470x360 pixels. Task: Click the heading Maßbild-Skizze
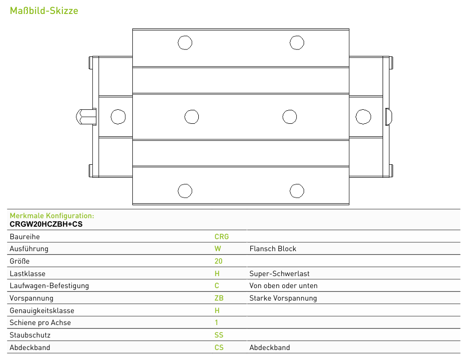coord(44,11)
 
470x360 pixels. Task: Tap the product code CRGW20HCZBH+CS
coord(46,224)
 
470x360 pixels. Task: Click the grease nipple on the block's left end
coord(86,117)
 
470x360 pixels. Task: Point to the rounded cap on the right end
coord(389,117)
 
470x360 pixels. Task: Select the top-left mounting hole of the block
coord(185,42)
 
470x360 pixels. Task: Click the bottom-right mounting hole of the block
coord(297,191)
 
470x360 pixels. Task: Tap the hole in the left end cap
coord(118,117)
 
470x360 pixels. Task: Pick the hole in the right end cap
coord(363,117)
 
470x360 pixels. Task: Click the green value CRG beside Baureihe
coord(221,237)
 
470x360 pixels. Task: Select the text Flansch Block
coord(273,249)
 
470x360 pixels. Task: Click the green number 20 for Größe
coord(218,261)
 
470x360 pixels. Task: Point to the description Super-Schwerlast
coord(279,274)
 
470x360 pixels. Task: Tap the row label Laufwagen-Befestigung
coord(49,286)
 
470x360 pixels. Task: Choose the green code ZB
coord(219,298)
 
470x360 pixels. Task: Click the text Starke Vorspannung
coord(283,299)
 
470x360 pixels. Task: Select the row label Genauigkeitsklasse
coord(42,311)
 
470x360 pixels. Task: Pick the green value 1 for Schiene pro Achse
coord(216,323)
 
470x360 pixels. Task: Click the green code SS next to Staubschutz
coord(219,335)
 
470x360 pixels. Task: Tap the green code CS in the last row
coord(219,348)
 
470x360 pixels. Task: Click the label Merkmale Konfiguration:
coord(52,216)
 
